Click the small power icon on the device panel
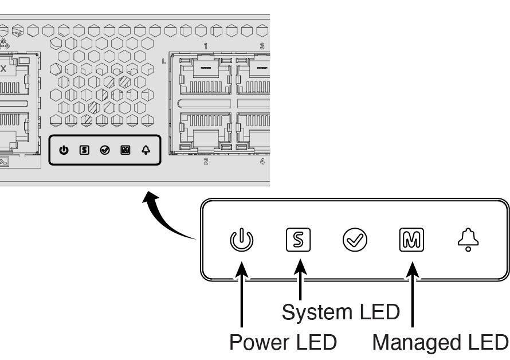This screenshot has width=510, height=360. click(x=64, y=150)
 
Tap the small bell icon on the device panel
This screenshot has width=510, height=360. click(x=146, y=150)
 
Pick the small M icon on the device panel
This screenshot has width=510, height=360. click(x=125, y=150)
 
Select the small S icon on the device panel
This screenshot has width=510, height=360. click(x=84, y=150)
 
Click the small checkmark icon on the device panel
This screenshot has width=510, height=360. click(x=105, y=150)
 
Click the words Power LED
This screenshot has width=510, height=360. click(x=283, y=342)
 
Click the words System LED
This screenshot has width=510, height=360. click(x=340, y=312)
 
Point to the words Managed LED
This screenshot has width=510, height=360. click(x=440, y=342)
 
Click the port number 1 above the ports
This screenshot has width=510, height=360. click(x=206, y=45)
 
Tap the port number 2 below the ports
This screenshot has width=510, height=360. click(x=206, y=162)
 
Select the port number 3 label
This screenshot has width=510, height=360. click(x=262, y=45)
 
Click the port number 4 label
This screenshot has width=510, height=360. click(x=262, y=162)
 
